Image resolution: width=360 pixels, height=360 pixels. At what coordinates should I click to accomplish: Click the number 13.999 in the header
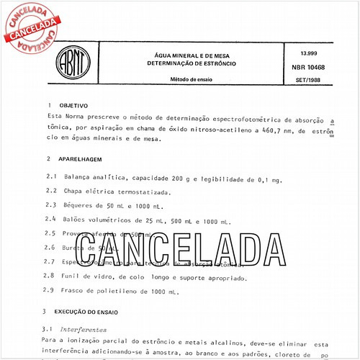point(303,55)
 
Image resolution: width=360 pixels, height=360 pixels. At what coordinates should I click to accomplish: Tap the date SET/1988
point(307,79)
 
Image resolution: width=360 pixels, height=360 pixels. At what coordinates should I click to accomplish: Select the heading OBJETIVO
point(73,104)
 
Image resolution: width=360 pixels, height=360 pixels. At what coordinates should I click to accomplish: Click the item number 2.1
point(50,176)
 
